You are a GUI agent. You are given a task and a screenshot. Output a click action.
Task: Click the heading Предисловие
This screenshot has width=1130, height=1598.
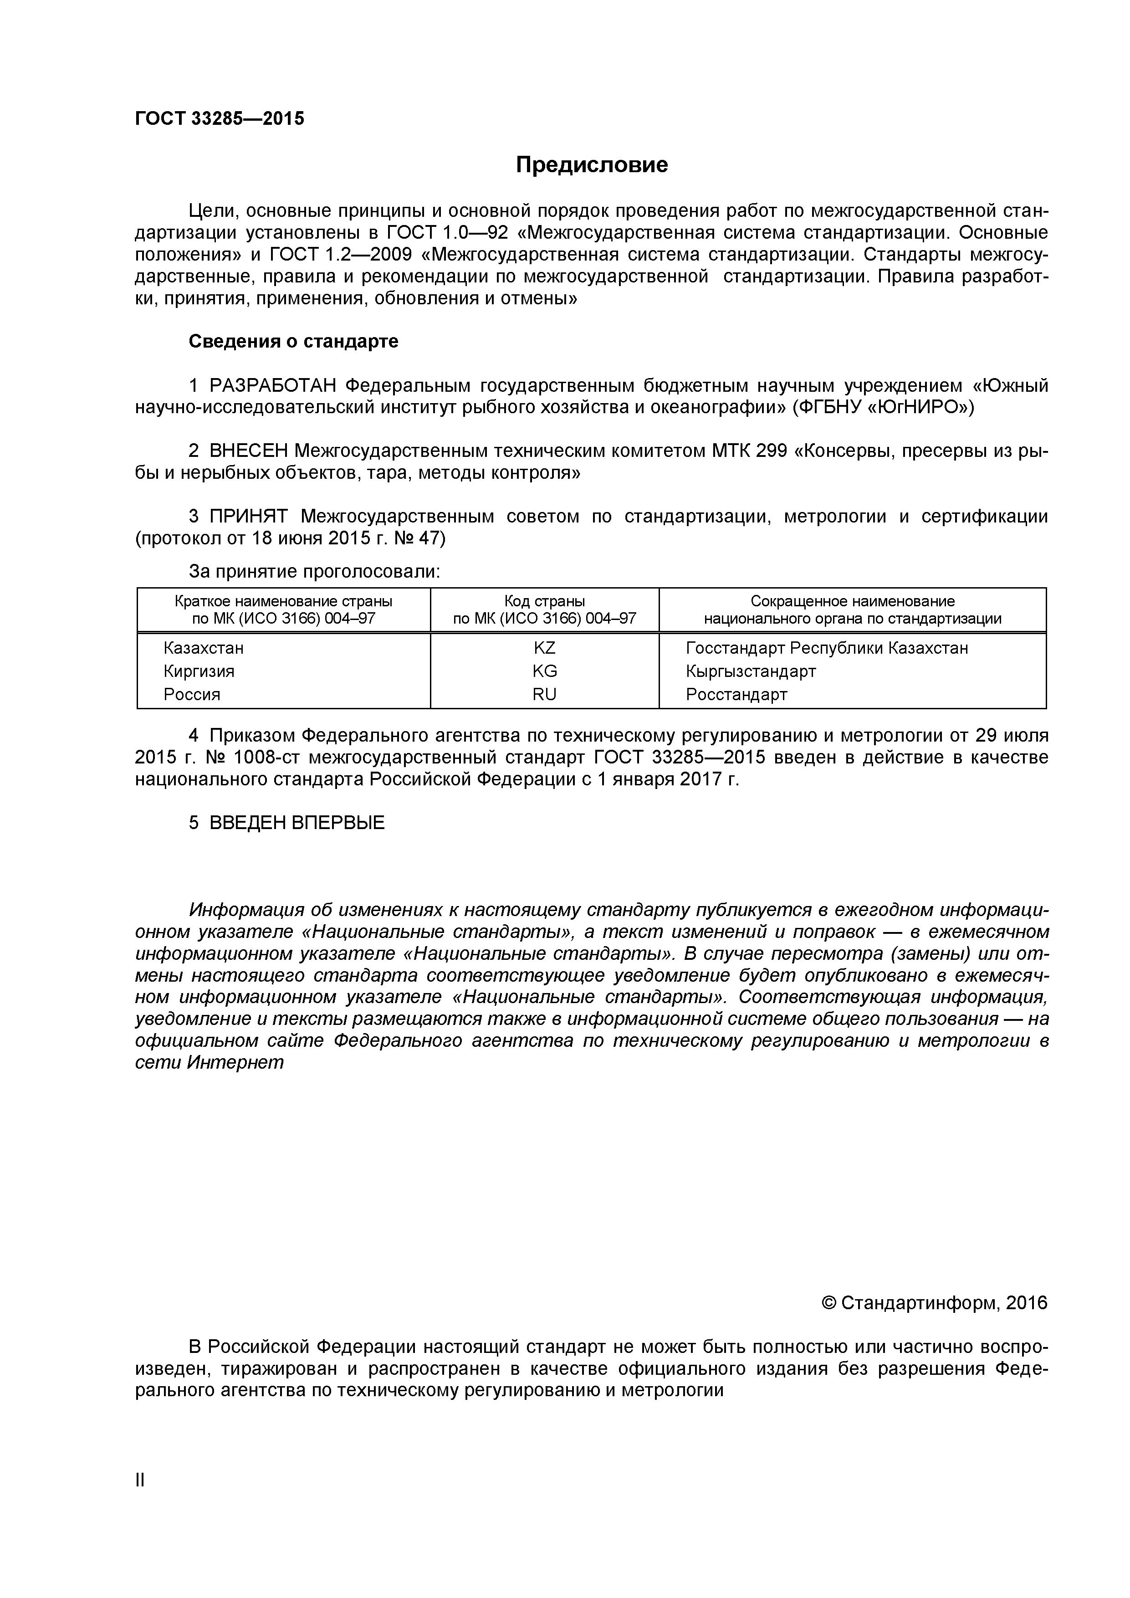pos(592,165)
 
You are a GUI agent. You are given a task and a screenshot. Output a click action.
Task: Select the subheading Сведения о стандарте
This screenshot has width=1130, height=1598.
pos(294,342)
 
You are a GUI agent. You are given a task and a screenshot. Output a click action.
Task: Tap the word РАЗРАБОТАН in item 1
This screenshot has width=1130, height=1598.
pos(273,385)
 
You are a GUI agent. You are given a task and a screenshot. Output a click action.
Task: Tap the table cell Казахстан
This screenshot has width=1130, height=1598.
pos(203,648)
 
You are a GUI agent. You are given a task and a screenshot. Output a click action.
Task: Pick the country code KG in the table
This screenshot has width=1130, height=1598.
pos(544,671)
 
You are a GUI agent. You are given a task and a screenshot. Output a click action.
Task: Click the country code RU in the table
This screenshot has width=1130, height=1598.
pos(544,694)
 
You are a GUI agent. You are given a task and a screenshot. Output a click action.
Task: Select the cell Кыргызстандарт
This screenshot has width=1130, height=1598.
pos(750,671)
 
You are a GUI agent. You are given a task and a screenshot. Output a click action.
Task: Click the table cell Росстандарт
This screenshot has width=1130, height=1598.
pos(736,694)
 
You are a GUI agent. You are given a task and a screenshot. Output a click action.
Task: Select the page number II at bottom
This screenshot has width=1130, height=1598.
pos(140,1499)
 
